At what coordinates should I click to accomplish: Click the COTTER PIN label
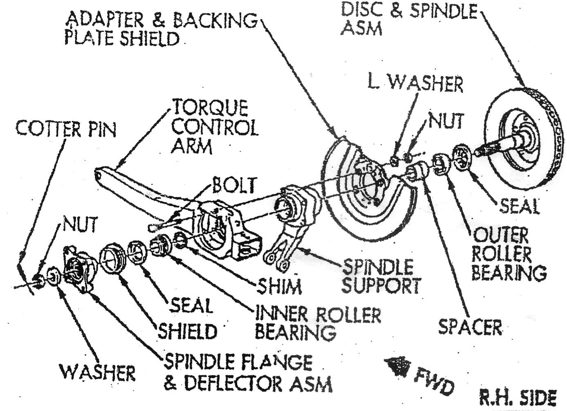[x=66, y=129]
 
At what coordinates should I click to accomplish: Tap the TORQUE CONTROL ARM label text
[x=214, y=127]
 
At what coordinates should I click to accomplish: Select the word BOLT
[x=234, y=185]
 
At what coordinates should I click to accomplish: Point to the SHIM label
[x=279, y=286]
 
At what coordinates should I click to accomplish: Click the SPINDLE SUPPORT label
[x=380, y=277]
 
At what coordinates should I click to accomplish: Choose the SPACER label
[x=470, y=327]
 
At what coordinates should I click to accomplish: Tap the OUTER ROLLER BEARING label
[x=508, y=254]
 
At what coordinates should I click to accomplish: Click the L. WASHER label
[x=415, y=83]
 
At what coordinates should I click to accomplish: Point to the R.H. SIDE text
[x=518, y=398]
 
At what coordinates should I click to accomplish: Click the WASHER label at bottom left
[x=97, y=373]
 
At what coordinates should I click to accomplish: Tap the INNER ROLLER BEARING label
[x=317, y=323]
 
